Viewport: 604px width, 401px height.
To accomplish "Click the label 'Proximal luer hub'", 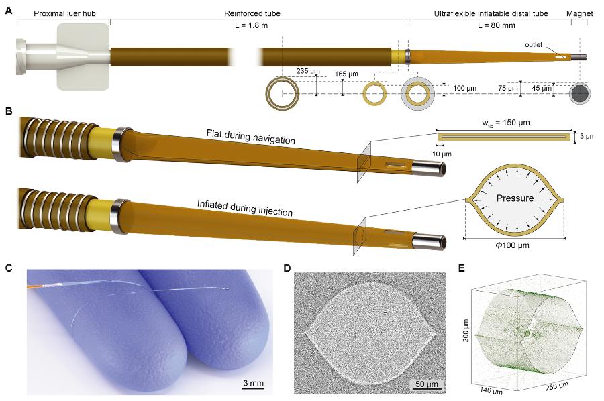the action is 64,13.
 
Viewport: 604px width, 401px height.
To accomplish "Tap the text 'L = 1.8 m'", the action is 251,25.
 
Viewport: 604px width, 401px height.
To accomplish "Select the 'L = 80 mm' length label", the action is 496,25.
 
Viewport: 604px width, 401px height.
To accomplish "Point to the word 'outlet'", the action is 534,45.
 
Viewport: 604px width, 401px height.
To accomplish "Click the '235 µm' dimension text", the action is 308,71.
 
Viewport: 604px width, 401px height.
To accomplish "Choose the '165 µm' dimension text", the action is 346,74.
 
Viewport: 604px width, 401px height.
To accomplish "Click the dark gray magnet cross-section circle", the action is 580,94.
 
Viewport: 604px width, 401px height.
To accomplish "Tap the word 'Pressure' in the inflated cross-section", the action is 515,198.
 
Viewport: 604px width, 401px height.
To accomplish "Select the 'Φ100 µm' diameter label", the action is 512,245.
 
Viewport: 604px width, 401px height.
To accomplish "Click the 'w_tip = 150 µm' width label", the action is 505,123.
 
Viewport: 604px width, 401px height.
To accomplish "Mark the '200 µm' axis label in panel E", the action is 466,330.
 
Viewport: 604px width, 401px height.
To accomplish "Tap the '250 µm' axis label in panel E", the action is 557,386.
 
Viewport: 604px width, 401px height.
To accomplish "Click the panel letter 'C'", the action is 9,268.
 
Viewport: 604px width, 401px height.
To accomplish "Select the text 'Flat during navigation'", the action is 251,137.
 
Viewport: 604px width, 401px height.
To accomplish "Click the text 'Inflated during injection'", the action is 244,208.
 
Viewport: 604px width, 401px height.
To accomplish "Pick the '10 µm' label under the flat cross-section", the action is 442,154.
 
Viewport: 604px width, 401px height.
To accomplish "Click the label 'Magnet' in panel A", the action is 579,13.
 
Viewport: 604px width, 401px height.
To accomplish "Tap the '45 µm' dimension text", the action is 541,88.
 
